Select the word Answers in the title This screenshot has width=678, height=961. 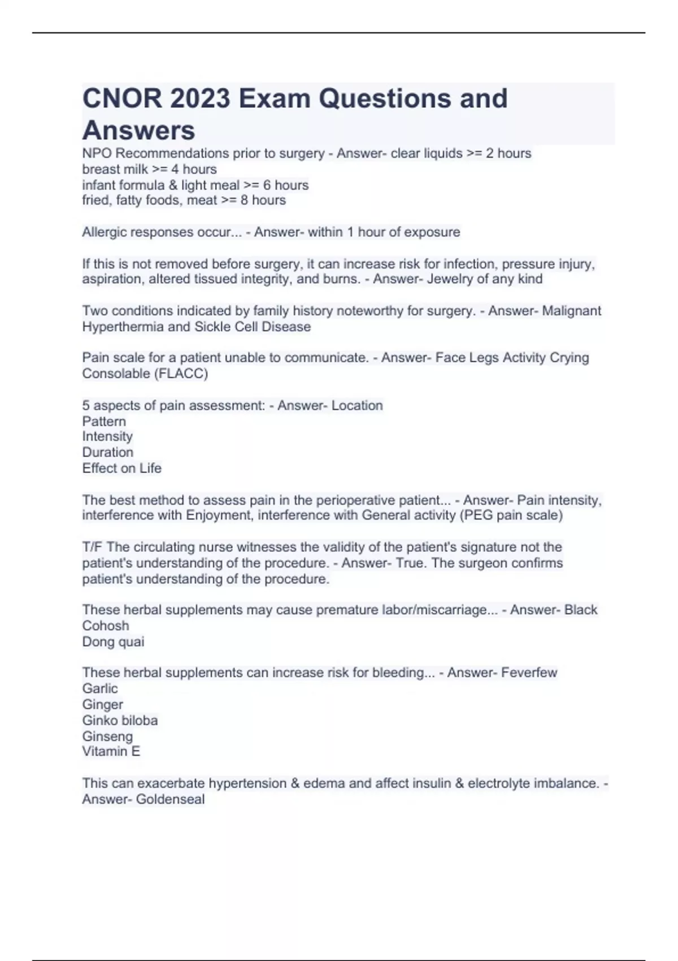click(138, 131)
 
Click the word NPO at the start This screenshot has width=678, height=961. click(97, 153)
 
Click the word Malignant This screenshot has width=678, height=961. click(571, 311)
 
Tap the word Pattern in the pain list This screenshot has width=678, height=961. click(104, 421)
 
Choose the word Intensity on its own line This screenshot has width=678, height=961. click(107, 436)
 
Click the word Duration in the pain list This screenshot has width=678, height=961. click(107, 452)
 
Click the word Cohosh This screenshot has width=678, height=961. click(106, 626)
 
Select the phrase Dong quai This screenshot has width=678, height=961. click(113, 642)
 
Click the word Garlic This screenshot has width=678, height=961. click(100, 689)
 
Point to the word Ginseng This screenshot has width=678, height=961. click(107, 737)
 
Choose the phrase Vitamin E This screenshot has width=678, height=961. click(111, 751)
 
